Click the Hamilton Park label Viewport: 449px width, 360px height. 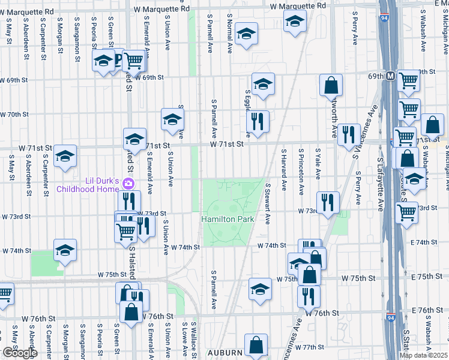click(228, 220)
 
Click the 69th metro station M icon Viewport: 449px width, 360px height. click(390, 76)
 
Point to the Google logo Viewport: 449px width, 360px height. click(19, 353)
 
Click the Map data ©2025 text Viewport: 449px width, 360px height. click(424, 355)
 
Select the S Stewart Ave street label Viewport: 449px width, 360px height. click(268, 203)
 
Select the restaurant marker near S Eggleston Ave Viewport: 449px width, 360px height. click(258, 121)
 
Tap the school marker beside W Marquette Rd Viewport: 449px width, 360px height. click(295, 23)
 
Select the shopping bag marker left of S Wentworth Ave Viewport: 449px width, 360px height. click(331, 85)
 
